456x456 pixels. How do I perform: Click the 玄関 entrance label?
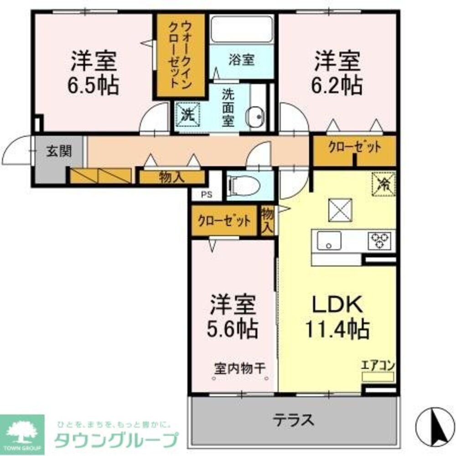[x=58, y=152]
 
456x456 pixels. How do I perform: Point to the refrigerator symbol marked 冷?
[x=383, y=184]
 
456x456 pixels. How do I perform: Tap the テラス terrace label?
[x=294, y=419]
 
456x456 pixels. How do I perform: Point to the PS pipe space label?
[x=206, y=194]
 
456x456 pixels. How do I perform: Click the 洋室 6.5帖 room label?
[x=93, y=73]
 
